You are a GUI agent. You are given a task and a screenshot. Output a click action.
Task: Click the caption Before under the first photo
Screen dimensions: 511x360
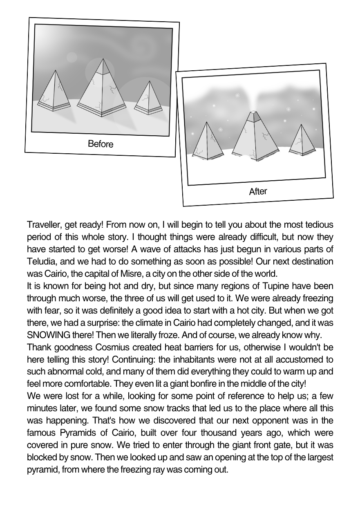(101, 144)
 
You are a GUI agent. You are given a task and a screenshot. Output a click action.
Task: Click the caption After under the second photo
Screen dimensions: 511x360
(258, 191)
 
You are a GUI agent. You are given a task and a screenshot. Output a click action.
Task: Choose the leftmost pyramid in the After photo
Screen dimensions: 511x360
(208, 141)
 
